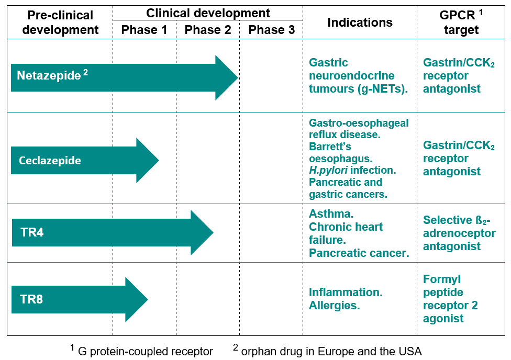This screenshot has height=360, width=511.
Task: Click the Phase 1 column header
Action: (144, 30)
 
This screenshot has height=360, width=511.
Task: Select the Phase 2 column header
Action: (208, 30)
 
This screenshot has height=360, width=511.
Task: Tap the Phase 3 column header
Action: (271, 30)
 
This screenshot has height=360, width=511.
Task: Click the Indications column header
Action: (360, 22)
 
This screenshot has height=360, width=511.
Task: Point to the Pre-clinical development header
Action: (60, 22)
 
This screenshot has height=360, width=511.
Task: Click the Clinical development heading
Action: (208, 13)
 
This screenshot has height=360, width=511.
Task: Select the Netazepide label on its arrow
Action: (49, 75)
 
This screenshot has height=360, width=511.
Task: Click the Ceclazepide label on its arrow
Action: (50, 160)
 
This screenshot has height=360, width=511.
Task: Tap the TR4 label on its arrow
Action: (32, 232)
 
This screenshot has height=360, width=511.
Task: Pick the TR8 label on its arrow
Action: (32, 299)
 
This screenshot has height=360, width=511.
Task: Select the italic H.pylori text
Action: (326, 170)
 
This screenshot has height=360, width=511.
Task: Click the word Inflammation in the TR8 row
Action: (346, 292)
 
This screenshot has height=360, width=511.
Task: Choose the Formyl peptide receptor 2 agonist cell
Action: (450, 299)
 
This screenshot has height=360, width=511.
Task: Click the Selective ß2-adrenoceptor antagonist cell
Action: (459, 233)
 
